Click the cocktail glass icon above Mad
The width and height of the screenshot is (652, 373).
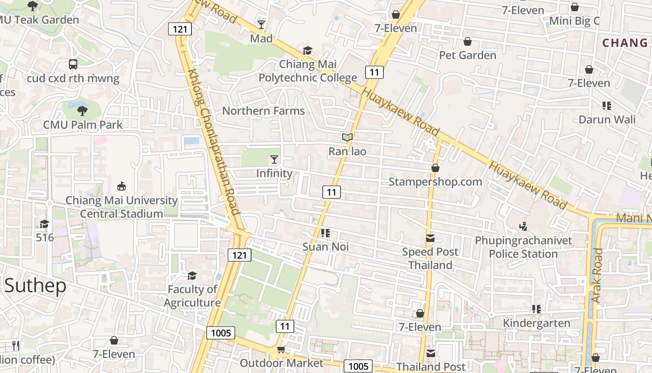[x=261, y=24]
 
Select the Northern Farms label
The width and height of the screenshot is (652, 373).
[x=264, y=111]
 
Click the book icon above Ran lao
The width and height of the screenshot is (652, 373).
[x=347, y=137]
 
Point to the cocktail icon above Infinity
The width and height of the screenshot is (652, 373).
[x=274, y=159]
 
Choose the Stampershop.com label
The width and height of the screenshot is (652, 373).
[x=435, y=182]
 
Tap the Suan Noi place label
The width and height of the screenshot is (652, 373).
[x=326, y=247]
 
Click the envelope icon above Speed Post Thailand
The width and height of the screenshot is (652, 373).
[x=430, y=238]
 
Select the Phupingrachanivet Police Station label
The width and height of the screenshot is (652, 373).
[x=523, y=248]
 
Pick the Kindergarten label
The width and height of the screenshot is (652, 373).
[x=537, y=323]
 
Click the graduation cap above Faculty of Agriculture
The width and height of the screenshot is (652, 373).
[x=192, y=276]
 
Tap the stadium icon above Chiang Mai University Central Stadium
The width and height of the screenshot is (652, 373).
[x=122, y=186]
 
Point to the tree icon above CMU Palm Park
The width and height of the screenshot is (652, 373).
[x=82, y=111]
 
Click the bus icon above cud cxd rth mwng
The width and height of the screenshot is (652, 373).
[x=73, y=64]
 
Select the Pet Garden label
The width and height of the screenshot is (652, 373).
[x=468, y=55]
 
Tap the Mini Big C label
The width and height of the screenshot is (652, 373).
[x=575, y=21]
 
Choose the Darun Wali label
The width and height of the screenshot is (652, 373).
[x=607, y=119]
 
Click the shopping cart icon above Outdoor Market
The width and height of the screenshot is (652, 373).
[x=280, y=350]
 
